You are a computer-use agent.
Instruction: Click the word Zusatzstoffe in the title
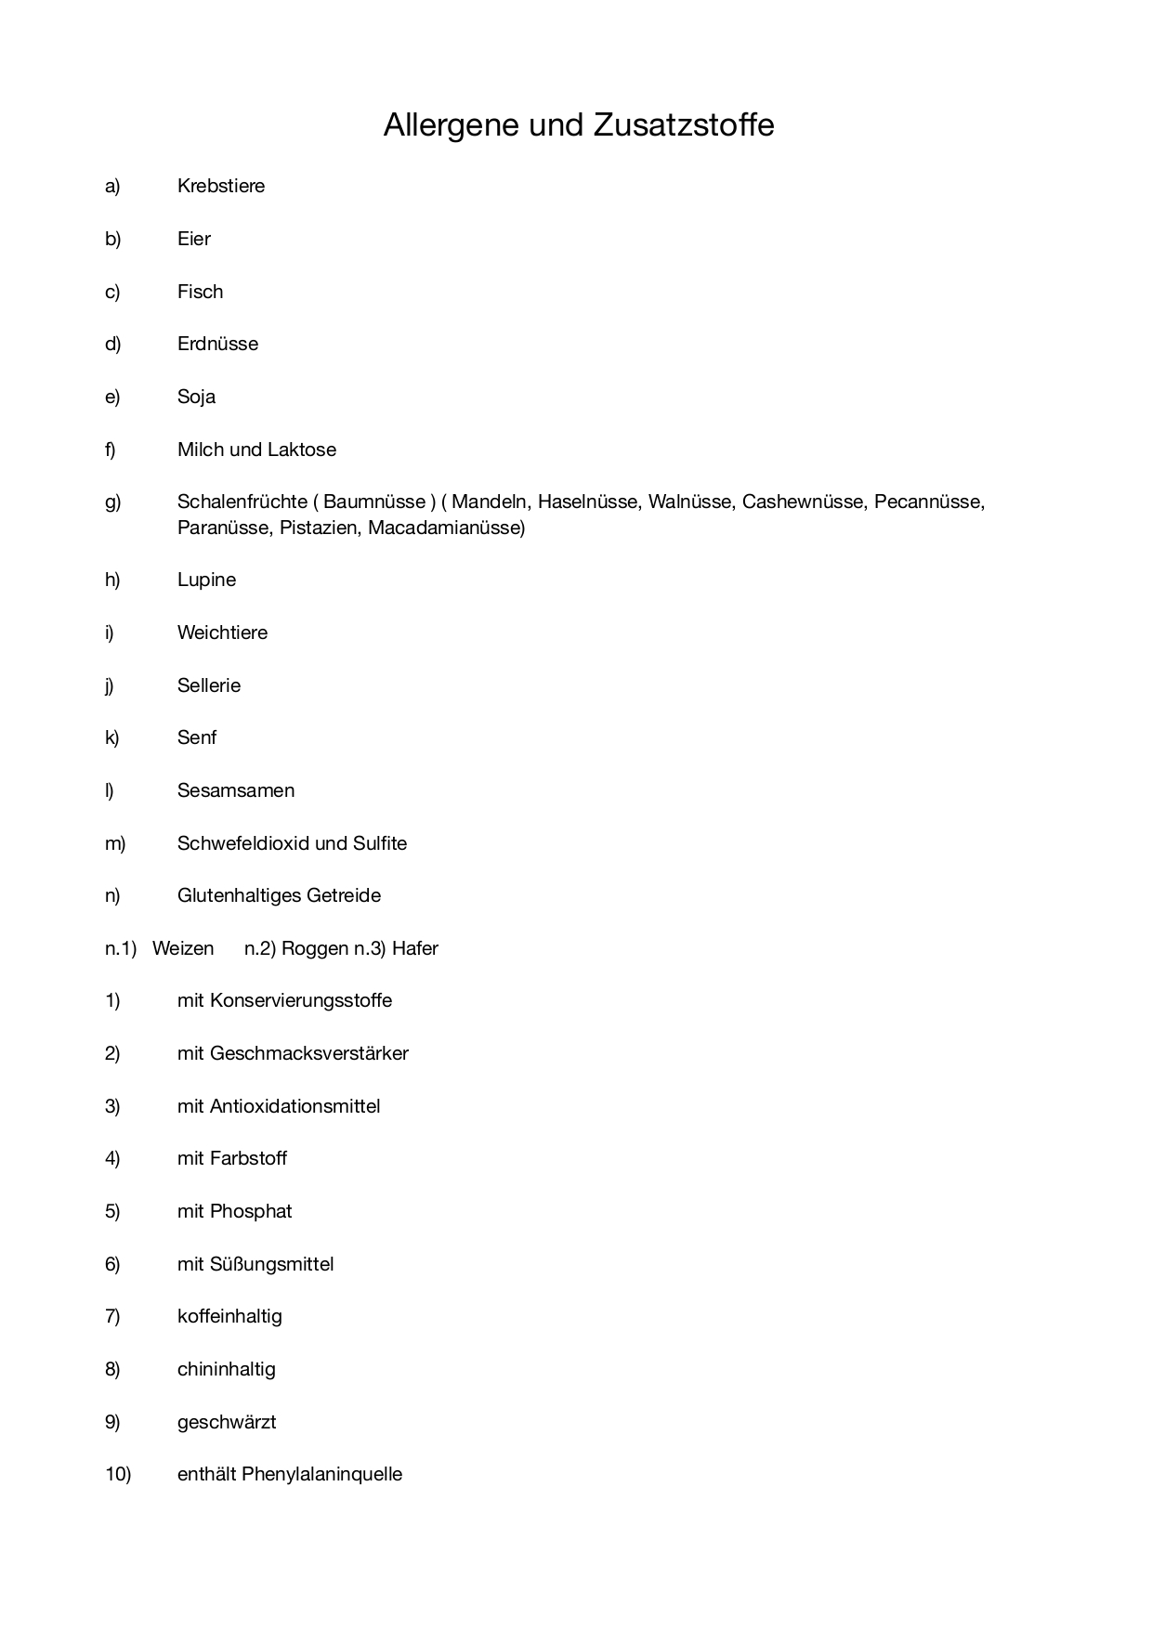pos(683,125)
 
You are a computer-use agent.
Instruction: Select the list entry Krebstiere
pos(221,186)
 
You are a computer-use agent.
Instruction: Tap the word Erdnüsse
pos(217,344)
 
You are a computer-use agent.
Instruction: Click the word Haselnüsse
pos(588,502)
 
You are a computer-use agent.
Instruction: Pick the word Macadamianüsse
pos(446,528)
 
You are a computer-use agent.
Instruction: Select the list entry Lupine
pos(206,580)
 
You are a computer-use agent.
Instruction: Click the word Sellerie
pos(209,685)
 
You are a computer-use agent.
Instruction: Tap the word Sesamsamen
pos(236,790)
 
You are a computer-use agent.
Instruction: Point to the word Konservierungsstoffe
pos(301,1000)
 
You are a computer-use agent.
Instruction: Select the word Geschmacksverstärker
pos(309,1053)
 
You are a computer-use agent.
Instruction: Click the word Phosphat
pos(251,1211)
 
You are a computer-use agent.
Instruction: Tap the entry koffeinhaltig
pos(229,1316)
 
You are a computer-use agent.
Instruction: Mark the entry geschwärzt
pos(227,1422)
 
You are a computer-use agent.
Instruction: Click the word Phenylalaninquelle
pos(321,1474)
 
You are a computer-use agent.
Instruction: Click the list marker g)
pos(112,502)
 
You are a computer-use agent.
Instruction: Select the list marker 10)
pos(118,1474)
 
